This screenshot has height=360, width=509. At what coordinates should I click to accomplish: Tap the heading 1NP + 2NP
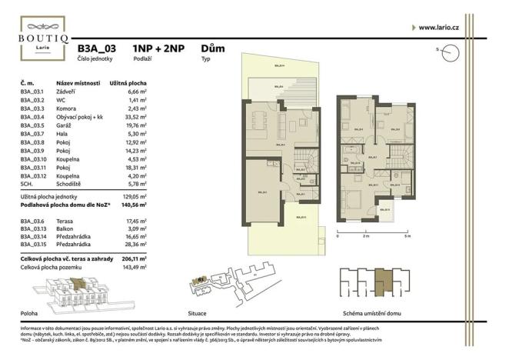tap(158, 48)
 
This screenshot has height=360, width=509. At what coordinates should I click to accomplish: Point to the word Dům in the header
tap(212, 48)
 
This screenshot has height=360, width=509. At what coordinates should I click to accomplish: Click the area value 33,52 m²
tap(135, 116)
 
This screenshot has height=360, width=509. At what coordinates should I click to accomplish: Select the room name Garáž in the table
tap(65, 125)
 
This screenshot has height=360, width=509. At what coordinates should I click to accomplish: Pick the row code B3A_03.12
tap(33, 175)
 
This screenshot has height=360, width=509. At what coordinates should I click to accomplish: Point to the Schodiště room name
tap(72, 183)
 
